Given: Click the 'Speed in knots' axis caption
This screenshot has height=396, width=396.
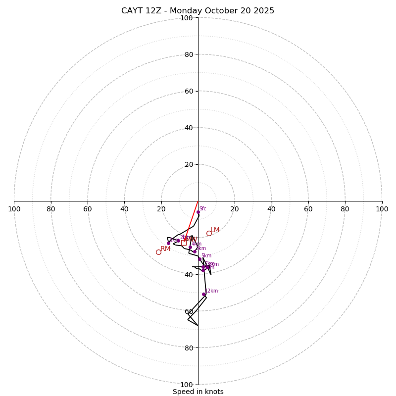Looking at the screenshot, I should pyautogui.click(x=198, y=392).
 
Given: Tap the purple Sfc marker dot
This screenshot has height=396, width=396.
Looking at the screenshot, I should pyautogui.click(x=198, y=212).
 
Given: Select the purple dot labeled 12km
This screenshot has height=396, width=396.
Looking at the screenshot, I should pyautogui.click(x=203, y=294).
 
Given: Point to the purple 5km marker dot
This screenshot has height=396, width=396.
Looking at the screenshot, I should pyautogui.click(x=199, y=259).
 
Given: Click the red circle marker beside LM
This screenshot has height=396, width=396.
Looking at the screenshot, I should pyautogui.click(x=209, y=233).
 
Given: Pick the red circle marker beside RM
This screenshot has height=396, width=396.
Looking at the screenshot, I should pyautogui.click(x=158, y=252).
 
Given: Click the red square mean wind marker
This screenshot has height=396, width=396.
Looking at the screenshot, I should pyautogui.click(x=184, y=243).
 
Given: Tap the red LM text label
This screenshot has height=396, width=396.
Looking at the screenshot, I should pyautogui.click(x=215, y=230).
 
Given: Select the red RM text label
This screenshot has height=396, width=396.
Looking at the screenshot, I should pyautogui.click(x=165, y=248).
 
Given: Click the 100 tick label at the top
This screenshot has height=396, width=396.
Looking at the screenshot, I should pyautogui.click(x=187, y=18).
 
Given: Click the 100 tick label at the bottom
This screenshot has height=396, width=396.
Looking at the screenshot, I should pyautogui.click(x=187, y=385).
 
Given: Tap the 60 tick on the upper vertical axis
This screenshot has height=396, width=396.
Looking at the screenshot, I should pyautogui.click(x=189, y=91).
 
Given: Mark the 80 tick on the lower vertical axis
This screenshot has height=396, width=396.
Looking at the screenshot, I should pyautogui.click(x=189, y=348).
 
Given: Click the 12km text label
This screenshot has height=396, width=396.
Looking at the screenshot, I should pyautogui.click(x=212, y=291).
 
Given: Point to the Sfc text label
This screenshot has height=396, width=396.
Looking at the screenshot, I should pyautogui.click(x=203, y=208).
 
